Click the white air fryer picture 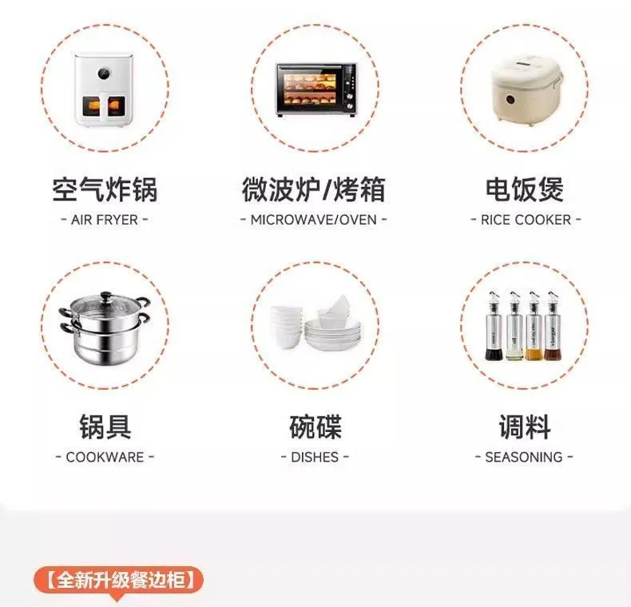click(x=105, y=89)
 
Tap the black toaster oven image click(x=316, y=89)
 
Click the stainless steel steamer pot click(x=105, y=327)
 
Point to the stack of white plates click(x=333, y=335)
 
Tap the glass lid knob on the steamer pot click(x=106, y=296)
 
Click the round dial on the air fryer click(x=104, y=73)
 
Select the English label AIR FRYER click(x=105, y=220)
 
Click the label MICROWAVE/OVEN click(x=314, y=220)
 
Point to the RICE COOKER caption click(x=526, y=220)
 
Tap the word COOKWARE click(x=105, y=458)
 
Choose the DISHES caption click(x=315, y=458)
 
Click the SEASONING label click(x=524, y=458)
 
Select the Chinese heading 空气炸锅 click(x=105, y=189)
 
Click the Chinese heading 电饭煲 click(x=525, y=189)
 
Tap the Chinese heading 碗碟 click(x=315, y=426)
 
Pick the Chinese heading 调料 click(x=525, y=426)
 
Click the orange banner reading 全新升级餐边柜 click(x=119, y=580)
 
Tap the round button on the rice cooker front click(x=510, y=99)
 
